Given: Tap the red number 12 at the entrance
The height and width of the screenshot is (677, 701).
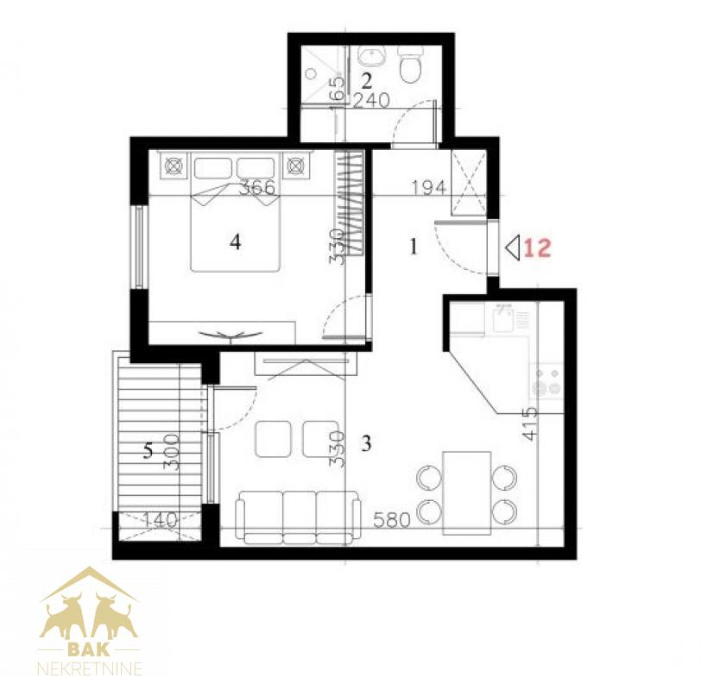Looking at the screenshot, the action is pyautogui.click(x=537, y=248).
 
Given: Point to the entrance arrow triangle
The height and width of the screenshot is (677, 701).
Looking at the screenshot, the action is pyautogui.click(x=512, y=248).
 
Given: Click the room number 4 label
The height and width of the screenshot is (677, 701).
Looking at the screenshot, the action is pyautogui.click(x=236, y=242).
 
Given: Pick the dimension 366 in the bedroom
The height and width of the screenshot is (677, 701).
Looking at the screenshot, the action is pyautogui.click(x=257, y=188).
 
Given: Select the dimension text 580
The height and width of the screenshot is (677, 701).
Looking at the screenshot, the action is pyautogui.click(x=392, y=520).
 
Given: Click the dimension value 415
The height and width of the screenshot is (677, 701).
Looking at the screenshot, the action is pyautogui.click(x=530, y=423).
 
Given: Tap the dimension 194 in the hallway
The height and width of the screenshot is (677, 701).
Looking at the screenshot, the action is pyautogui.click(x=429, y=188).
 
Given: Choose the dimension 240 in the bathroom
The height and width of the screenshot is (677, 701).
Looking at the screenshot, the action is pyautogui.click(x=371, y=101).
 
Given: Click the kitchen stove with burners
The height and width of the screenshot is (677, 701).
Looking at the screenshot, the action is pyautogui.click(x=546, y=382).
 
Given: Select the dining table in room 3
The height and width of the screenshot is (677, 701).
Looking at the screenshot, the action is pyautogui.click(x=467, y=493).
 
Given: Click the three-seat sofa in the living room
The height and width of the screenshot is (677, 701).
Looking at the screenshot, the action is pyautogui.click(x=298, y=517).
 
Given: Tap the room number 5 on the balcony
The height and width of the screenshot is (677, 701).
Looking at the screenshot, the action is pyautogui.click(x=148, y=450).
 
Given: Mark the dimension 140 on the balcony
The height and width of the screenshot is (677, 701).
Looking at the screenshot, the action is pyautogui.click(x=160, y=520).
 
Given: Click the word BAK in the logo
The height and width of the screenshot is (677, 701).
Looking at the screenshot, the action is pyautogui.click(x=89, y=649).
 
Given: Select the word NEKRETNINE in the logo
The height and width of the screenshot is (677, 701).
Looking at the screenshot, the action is pyautogui.click(x=90, y=668).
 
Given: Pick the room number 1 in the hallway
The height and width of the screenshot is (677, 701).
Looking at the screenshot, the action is pyautogui.click(x=414, y=247).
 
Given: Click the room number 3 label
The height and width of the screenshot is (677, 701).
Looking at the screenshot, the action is pyautogui.click(x=366, y=444).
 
